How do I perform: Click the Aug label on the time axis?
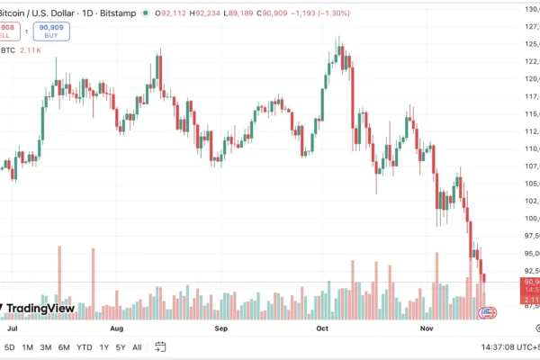coord(120,329)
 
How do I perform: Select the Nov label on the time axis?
coord(427,329)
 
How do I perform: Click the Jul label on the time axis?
coord(13,329)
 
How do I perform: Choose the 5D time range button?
coord(10,346)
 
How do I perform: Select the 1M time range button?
coord(28,346)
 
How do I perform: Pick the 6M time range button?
coord(64,346)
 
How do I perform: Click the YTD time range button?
coord(85,346)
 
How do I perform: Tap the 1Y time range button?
coord(104,346)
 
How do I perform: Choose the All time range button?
coord(137,346)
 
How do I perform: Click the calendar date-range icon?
coord(160,346)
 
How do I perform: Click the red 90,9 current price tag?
coord(529,282)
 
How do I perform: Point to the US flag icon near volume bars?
coord(488,313)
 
